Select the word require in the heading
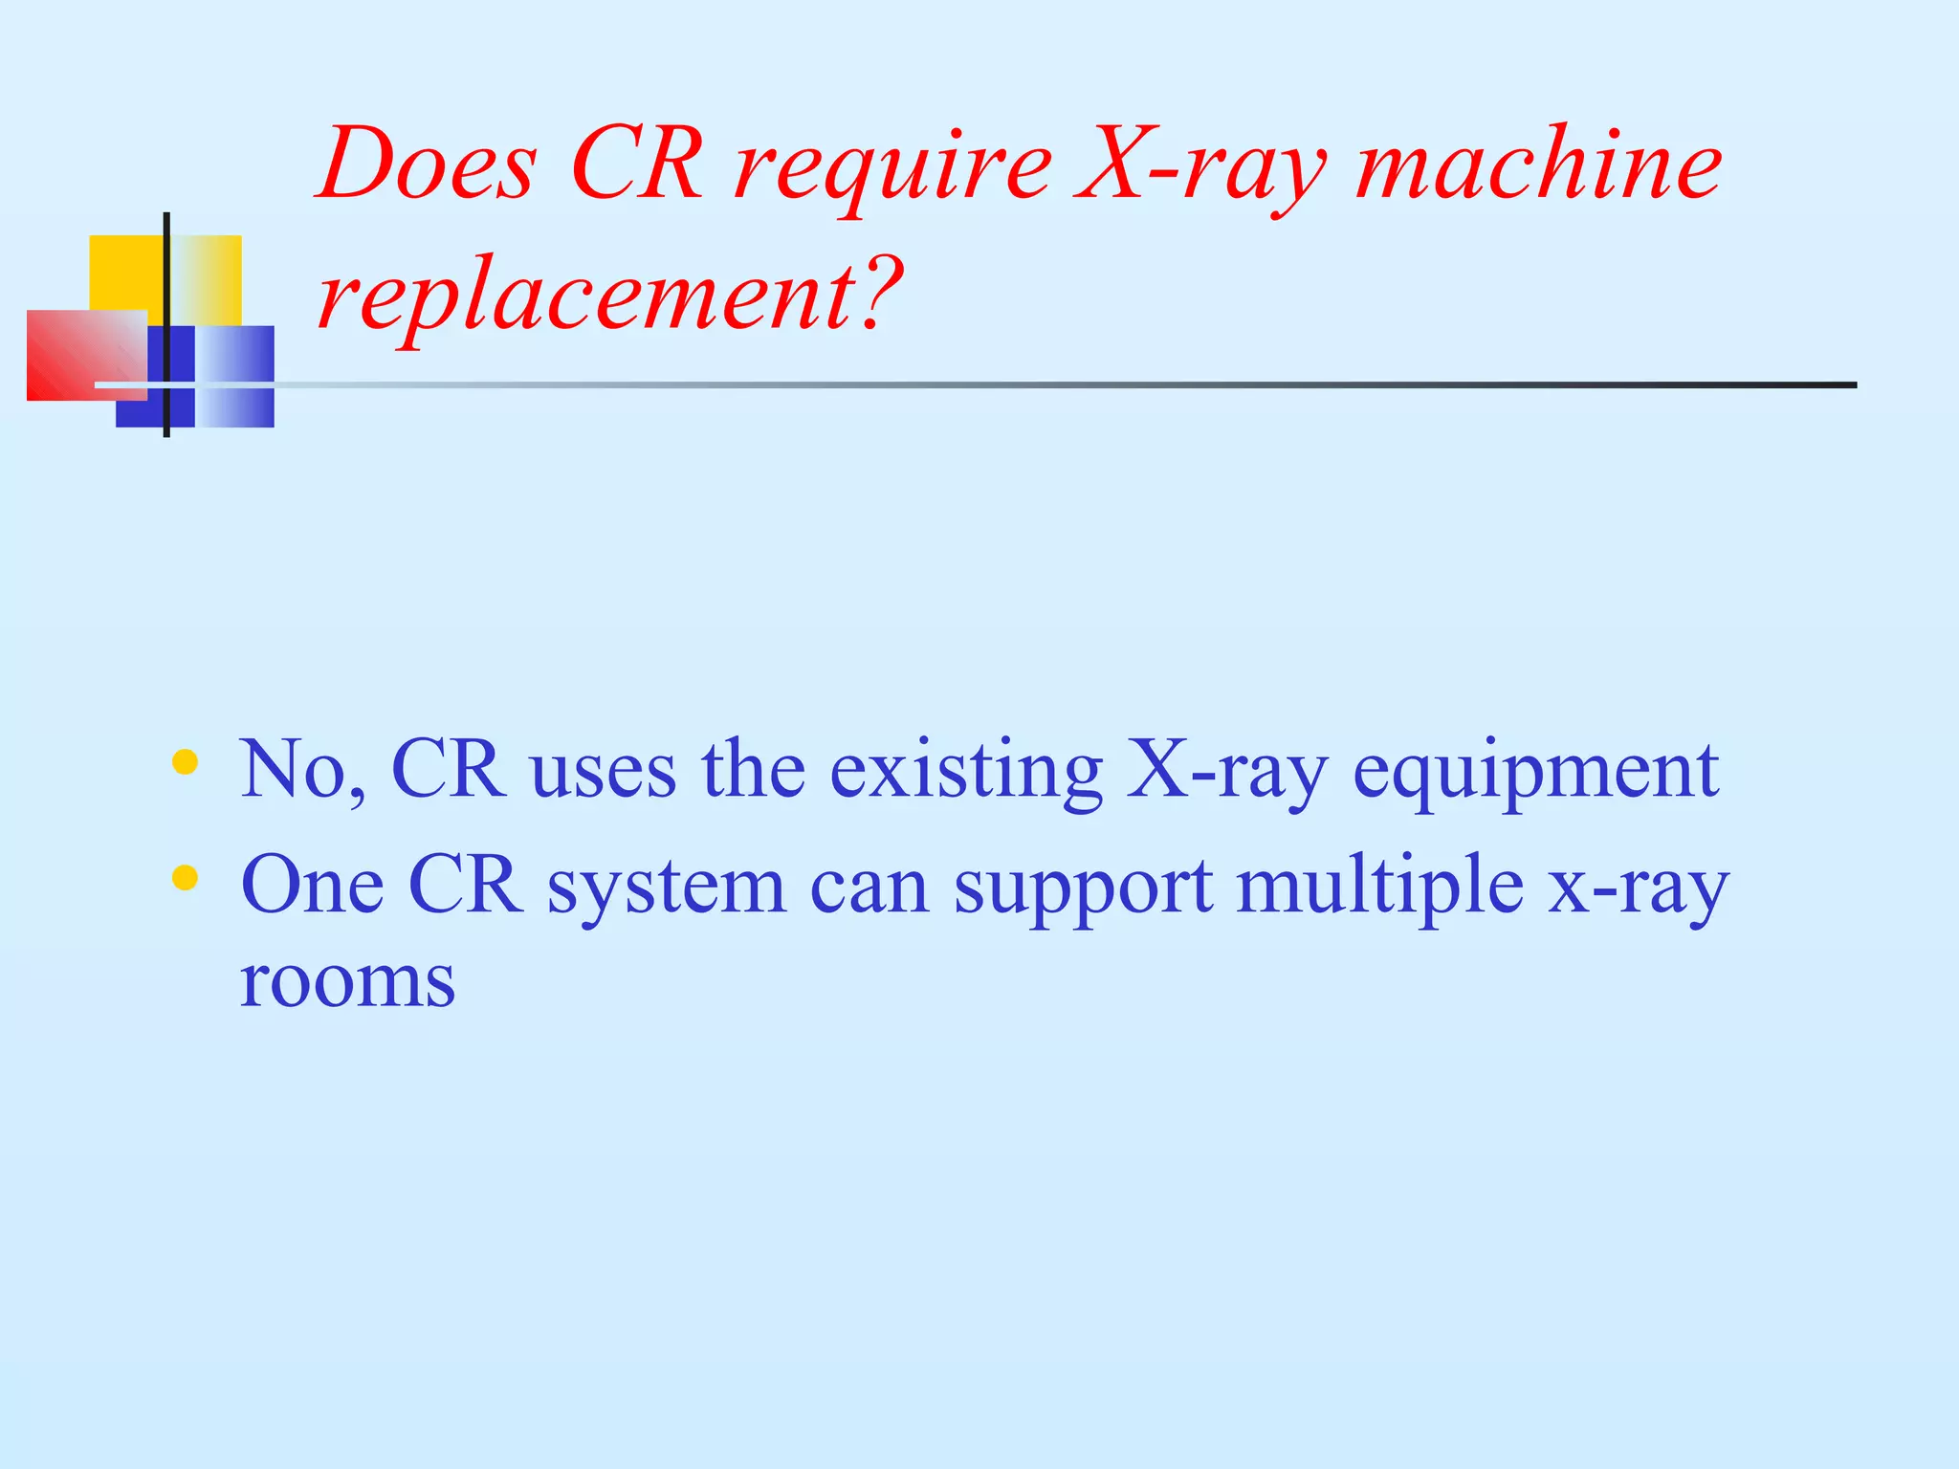pyautogui.click(x=893, y=168)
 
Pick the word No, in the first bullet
pyautogui.click(x=303, y=771)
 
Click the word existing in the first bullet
pyautogui.click(x=966, y=771)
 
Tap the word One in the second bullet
pyautogui.click(x=312, y=886)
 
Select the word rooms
pyautogui.click(x=347, y=983)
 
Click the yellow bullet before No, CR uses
pyautogui.click(x=185, y=762)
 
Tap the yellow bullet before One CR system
pyautogui.click(x=185, y=877)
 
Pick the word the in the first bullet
pyautogui.click(x=754, y=771)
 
